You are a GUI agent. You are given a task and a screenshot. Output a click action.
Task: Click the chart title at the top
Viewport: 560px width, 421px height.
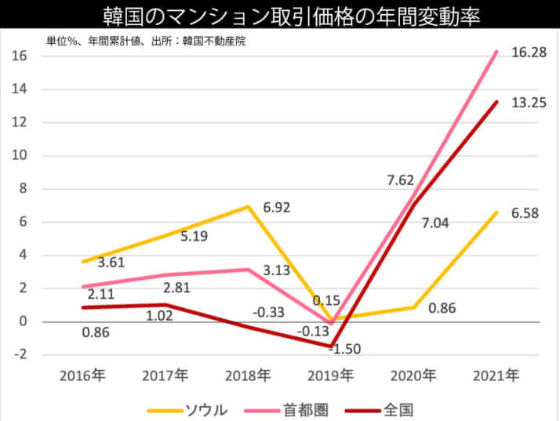pyautogui.click(x=280, y=15)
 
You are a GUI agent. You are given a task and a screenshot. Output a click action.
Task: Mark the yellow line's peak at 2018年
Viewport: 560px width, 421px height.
pyautogui.click(x=249, y=207)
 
